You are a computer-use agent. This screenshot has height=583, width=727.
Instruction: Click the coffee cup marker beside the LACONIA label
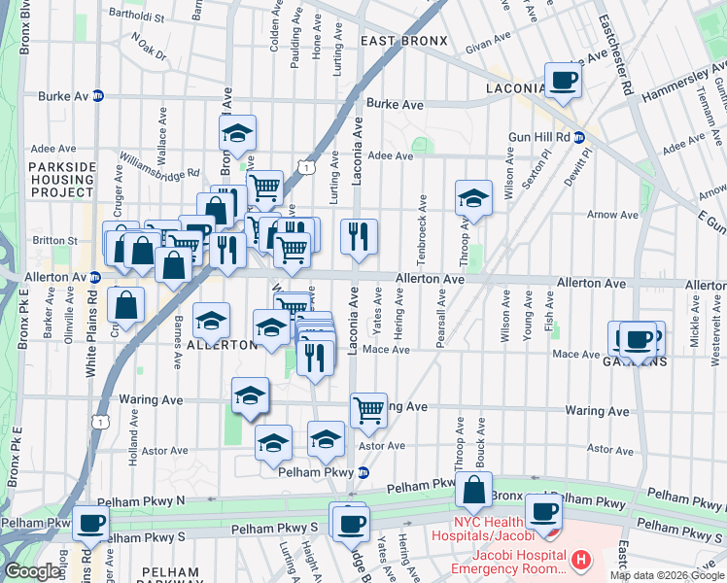pos(563,80)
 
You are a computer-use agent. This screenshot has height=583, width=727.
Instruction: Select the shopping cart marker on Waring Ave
pos(368,409)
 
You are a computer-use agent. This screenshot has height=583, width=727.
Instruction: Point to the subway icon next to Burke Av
pos(98,97)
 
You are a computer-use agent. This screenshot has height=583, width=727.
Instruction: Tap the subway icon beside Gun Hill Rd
pos(578,137)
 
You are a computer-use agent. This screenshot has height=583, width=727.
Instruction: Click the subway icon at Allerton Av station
pos(94,278)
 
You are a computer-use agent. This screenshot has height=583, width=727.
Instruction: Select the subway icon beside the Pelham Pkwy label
pos(363,473)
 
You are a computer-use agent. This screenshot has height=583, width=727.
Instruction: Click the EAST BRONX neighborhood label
pos(403,41)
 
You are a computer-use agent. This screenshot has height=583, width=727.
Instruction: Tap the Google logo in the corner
pos(32,571)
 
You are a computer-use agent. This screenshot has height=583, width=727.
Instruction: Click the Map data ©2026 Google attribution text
pos(666,575)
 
